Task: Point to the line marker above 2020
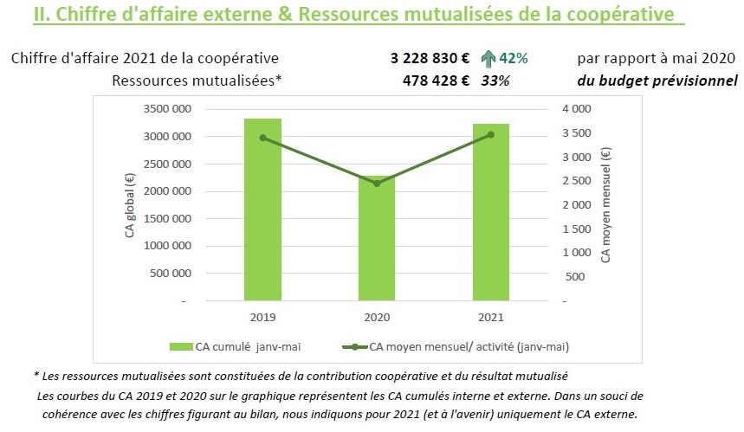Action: coord(377,184)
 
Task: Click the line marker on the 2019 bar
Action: coord(262,138)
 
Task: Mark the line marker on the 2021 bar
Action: coord(490,134)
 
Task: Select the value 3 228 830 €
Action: coord(430,58)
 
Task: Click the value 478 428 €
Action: coord(436,81)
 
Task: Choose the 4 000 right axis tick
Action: coord(578,109)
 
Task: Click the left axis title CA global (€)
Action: coord(130,205)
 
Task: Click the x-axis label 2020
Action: coord(377,317)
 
